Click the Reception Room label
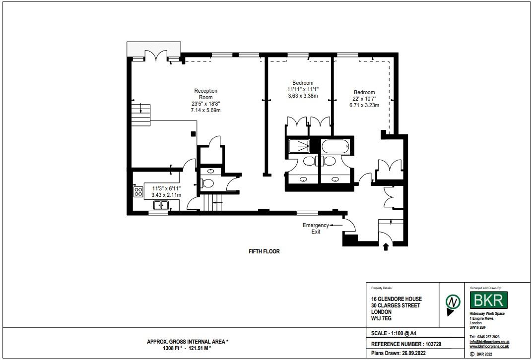click(x=205, y=94)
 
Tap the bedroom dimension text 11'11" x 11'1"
click(x=303, y=89)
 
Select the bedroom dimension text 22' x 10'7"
click(x=364, y=99)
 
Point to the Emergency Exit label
click(x=316, y=228)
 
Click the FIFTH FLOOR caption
click(x=264, y=251)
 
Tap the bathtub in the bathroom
click(x=335, y=146)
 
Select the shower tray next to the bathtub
click(x=300, y=146)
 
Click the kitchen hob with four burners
click(x=138, y=192)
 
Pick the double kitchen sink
click(x=160, y=205)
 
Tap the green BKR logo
click(x=489, y=300)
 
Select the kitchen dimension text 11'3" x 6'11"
click(x=166, y=188)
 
